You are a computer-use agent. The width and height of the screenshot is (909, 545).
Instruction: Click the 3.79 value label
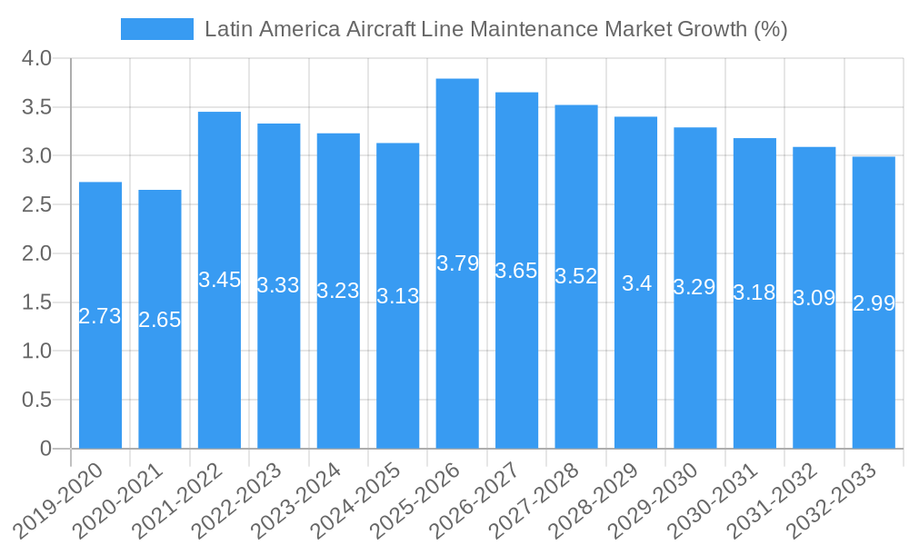point(457,264)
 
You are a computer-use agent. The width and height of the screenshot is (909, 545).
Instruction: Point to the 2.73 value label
point(100,316)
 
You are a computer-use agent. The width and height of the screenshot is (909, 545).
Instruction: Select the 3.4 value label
point(636,283)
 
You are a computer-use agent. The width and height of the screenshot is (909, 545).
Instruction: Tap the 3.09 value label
point(814,298)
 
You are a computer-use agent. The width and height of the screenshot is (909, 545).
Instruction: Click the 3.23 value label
point(338,292)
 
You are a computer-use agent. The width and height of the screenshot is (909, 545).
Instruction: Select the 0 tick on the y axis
point(46,449)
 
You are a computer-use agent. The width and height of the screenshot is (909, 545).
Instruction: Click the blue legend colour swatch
point(157,29)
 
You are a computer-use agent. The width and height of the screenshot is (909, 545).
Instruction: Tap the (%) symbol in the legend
point(771,29)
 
